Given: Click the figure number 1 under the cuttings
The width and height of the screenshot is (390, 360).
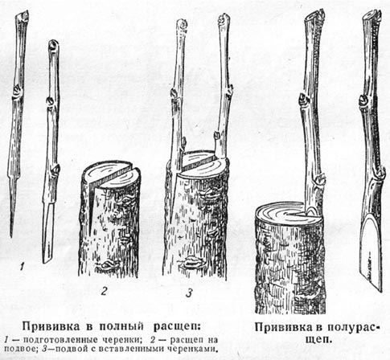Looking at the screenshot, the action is [23, 266].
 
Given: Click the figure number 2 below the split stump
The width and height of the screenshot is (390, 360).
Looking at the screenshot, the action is [104, 291].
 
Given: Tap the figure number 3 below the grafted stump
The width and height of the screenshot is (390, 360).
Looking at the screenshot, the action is [189, 293].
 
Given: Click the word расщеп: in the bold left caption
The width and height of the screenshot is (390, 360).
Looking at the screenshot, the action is [177, 327].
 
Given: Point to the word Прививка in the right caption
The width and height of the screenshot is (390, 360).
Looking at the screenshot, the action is [284, 328].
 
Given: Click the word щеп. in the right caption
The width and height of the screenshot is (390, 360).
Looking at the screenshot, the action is [319, 340].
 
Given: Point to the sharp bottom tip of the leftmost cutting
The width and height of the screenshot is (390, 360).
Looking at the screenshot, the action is [11, 237].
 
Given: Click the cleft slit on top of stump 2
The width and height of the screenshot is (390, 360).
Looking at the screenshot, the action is [110, 174].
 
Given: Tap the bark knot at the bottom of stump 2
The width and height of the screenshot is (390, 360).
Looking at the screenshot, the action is [108, 265].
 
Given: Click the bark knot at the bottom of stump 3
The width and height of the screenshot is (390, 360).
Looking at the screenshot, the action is [192, 262].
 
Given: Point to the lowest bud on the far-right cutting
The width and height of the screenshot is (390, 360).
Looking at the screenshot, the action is [380, 173].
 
